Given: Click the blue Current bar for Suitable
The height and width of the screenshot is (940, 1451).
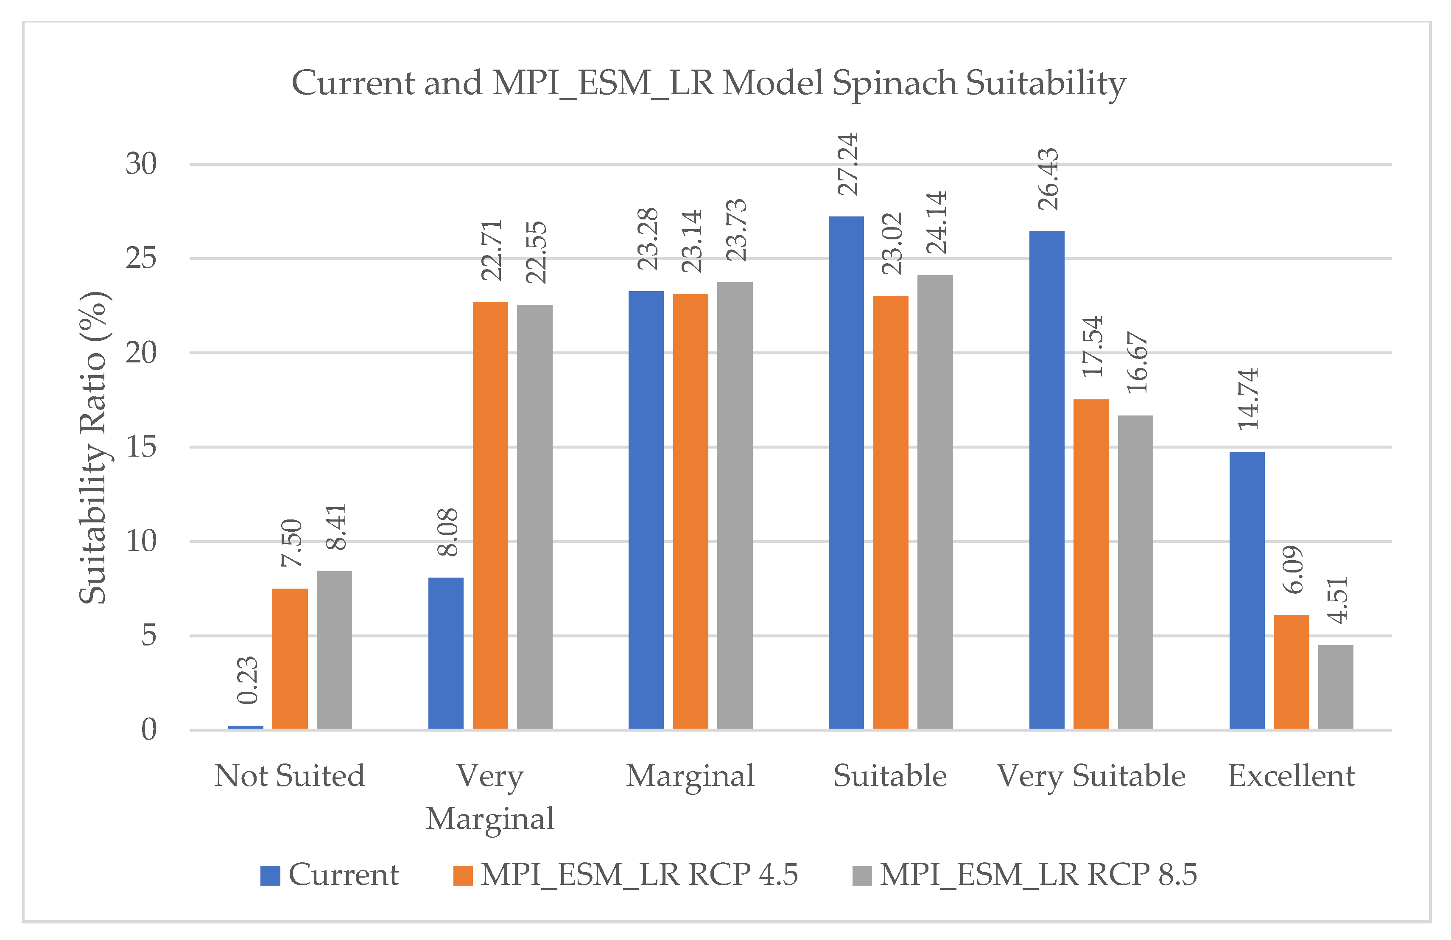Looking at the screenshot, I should (x=846, y=472).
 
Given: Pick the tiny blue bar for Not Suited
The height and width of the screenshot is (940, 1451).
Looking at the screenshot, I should (x=246, y=727).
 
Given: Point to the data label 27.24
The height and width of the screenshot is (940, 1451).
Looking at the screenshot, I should (x=847, y=163).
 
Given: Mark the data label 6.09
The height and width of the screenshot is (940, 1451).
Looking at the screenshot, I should (x=1292, y=570).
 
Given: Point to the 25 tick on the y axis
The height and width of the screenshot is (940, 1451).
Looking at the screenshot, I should (x=141, y=258).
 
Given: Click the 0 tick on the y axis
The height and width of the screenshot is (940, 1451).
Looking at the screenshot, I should (x=149, y=730).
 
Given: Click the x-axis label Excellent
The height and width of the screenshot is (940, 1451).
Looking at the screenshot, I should (x=1291, y=776).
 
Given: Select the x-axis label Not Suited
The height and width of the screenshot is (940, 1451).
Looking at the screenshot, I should (x=290, y=776).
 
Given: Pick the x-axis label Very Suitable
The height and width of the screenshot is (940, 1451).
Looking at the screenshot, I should (x=1090, y=776).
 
